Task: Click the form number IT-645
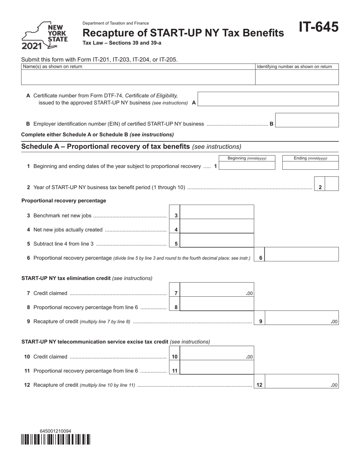click(318, 27)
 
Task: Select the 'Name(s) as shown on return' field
click(138, 77)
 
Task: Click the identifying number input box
click(297, 77)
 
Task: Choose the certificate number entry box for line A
click(268, 99)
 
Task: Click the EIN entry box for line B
click(307, 120)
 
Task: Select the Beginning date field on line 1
click(247, 166)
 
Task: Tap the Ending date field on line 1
click(310, 166)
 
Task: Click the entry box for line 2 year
click(332, 183)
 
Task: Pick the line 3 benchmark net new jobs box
click(217, 212)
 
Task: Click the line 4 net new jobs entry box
click(217, 226)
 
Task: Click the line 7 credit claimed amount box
click(217, 290)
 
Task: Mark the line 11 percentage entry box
click(217, 367)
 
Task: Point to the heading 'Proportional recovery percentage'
click(64, 200)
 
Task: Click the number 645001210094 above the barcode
click(55, 431)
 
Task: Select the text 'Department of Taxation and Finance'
click(116, 23)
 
